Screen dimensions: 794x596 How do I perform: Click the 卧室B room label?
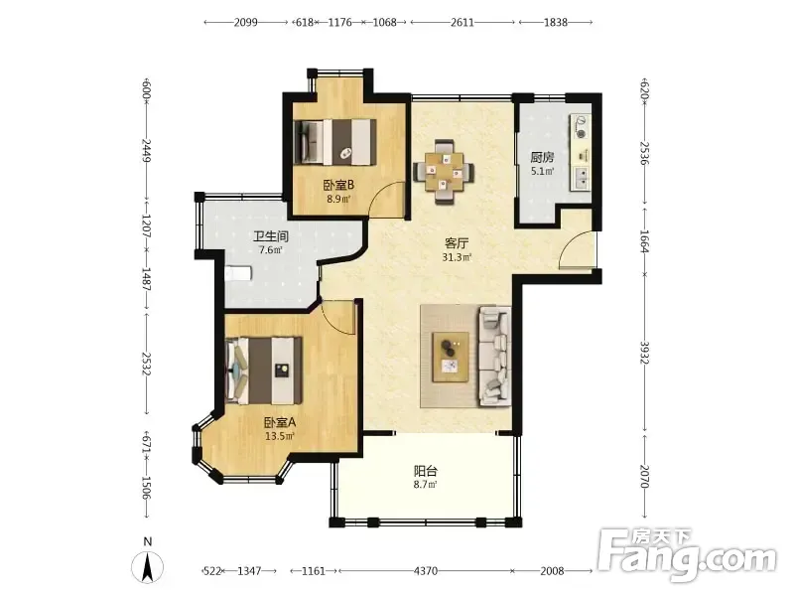point(338,185)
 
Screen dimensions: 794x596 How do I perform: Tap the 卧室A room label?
point(280,422)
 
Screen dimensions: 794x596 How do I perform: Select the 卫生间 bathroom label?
point(271,236)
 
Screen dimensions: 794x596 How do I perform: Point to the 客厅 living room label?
point(457,243)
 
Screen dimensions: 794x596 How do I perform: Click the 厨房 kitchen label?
point(542,158)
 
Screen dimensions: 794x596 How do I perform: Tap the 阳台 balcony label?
point(426,471)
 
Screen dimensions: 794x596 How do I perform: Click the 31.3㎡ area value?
point(457,257)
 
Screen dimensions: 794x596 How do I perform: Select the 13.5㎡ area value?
point(280,436)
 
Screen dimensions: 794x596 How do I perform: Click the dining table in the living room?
point(444,172)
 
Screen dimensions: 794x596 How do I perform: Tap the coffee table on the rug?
point(451,358)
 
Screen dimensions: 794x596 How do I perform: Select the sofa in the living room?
point(494,356)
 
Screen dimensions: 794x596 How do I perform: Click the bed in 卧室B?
point(335,142)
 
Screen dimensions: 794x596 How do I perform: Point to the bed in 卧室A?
point(263,371)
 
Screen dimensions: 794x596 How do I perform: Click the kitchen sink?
point(581,178)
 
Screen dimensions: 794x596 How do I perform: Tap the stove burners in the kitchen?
point(581,127)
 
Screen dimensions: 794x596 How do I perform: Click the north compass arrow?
point(147,566)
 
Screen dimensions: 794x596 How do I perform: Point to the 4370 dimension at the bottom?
point(426,571)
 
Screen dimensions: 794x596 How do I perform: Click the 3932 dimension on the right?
point(644,353)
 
